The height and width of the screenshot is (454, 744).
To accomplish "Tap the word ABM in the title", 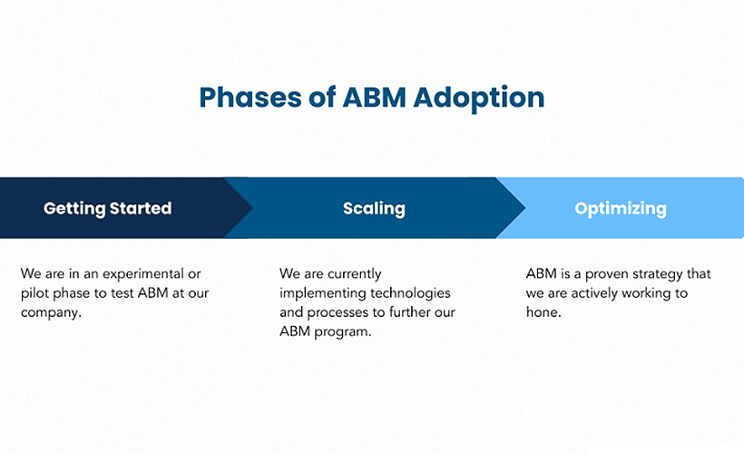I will point(375,98).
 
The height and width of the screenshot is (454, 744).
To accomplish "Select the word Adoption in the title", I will point(479,98).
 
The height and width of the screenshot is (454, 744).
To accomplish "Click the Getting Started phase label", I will point(107,208).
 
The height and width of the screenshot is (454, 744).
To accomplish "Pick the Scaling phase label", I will point(374,208).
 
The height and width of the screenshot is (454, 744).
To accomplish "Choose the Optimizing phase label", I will point(621,208).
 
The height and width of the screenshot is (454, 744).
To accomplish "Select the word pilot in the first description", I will point(35,293).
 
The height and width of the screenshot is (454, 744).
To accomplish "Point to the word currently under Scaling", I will point(352,274).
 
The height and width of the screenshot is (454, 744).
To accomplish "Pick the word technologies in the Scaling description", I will point(412,293).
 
